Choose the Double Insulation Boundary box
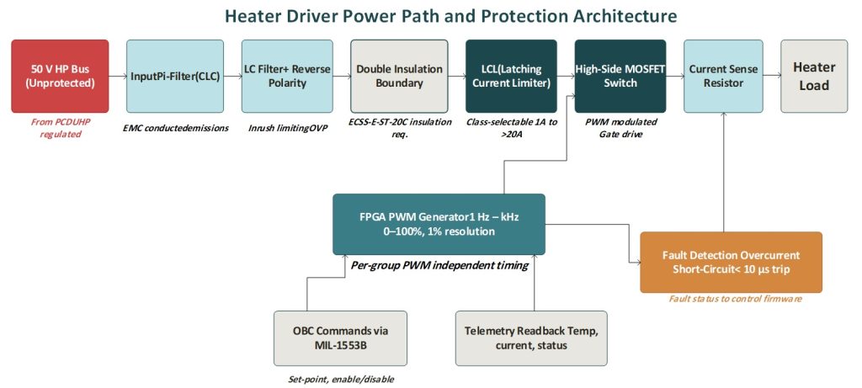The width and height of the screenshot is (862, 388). click(x=400, y=76)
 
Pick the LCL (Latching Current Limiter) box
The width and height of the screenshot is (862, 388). click(x=508, y=76)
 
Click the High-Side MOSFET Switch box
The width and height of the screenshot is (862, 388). click(x=620, y=76)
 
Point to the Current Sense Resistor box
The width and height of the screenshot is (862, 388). click(x=724, y=76)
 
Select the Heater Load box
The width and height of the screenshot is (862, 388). click(x=814, y=76)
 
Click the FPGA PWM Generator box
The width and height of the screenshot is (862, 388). click(x=439, y=224)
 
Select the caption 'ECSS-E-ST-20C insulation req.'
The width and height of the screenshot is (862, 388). click(x=400, y=128)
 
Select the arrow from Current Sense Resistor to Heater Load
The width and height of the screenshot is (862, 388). click(x=773, y=76)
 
